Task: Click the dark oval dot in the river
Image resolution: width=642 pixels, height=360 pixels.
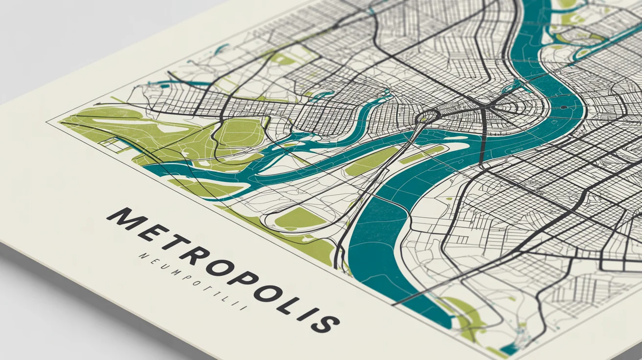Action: [x=564, y=107]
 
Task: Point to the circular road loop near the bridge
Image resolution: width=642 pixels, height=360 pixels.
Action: [x=428, y=116]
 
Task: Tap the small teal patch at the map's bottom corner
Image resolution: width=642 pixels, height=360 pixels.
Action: [x=509, y=349]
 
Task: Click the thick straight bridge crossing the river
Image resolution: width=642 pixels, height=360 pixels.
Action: [x=483, y=137]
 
